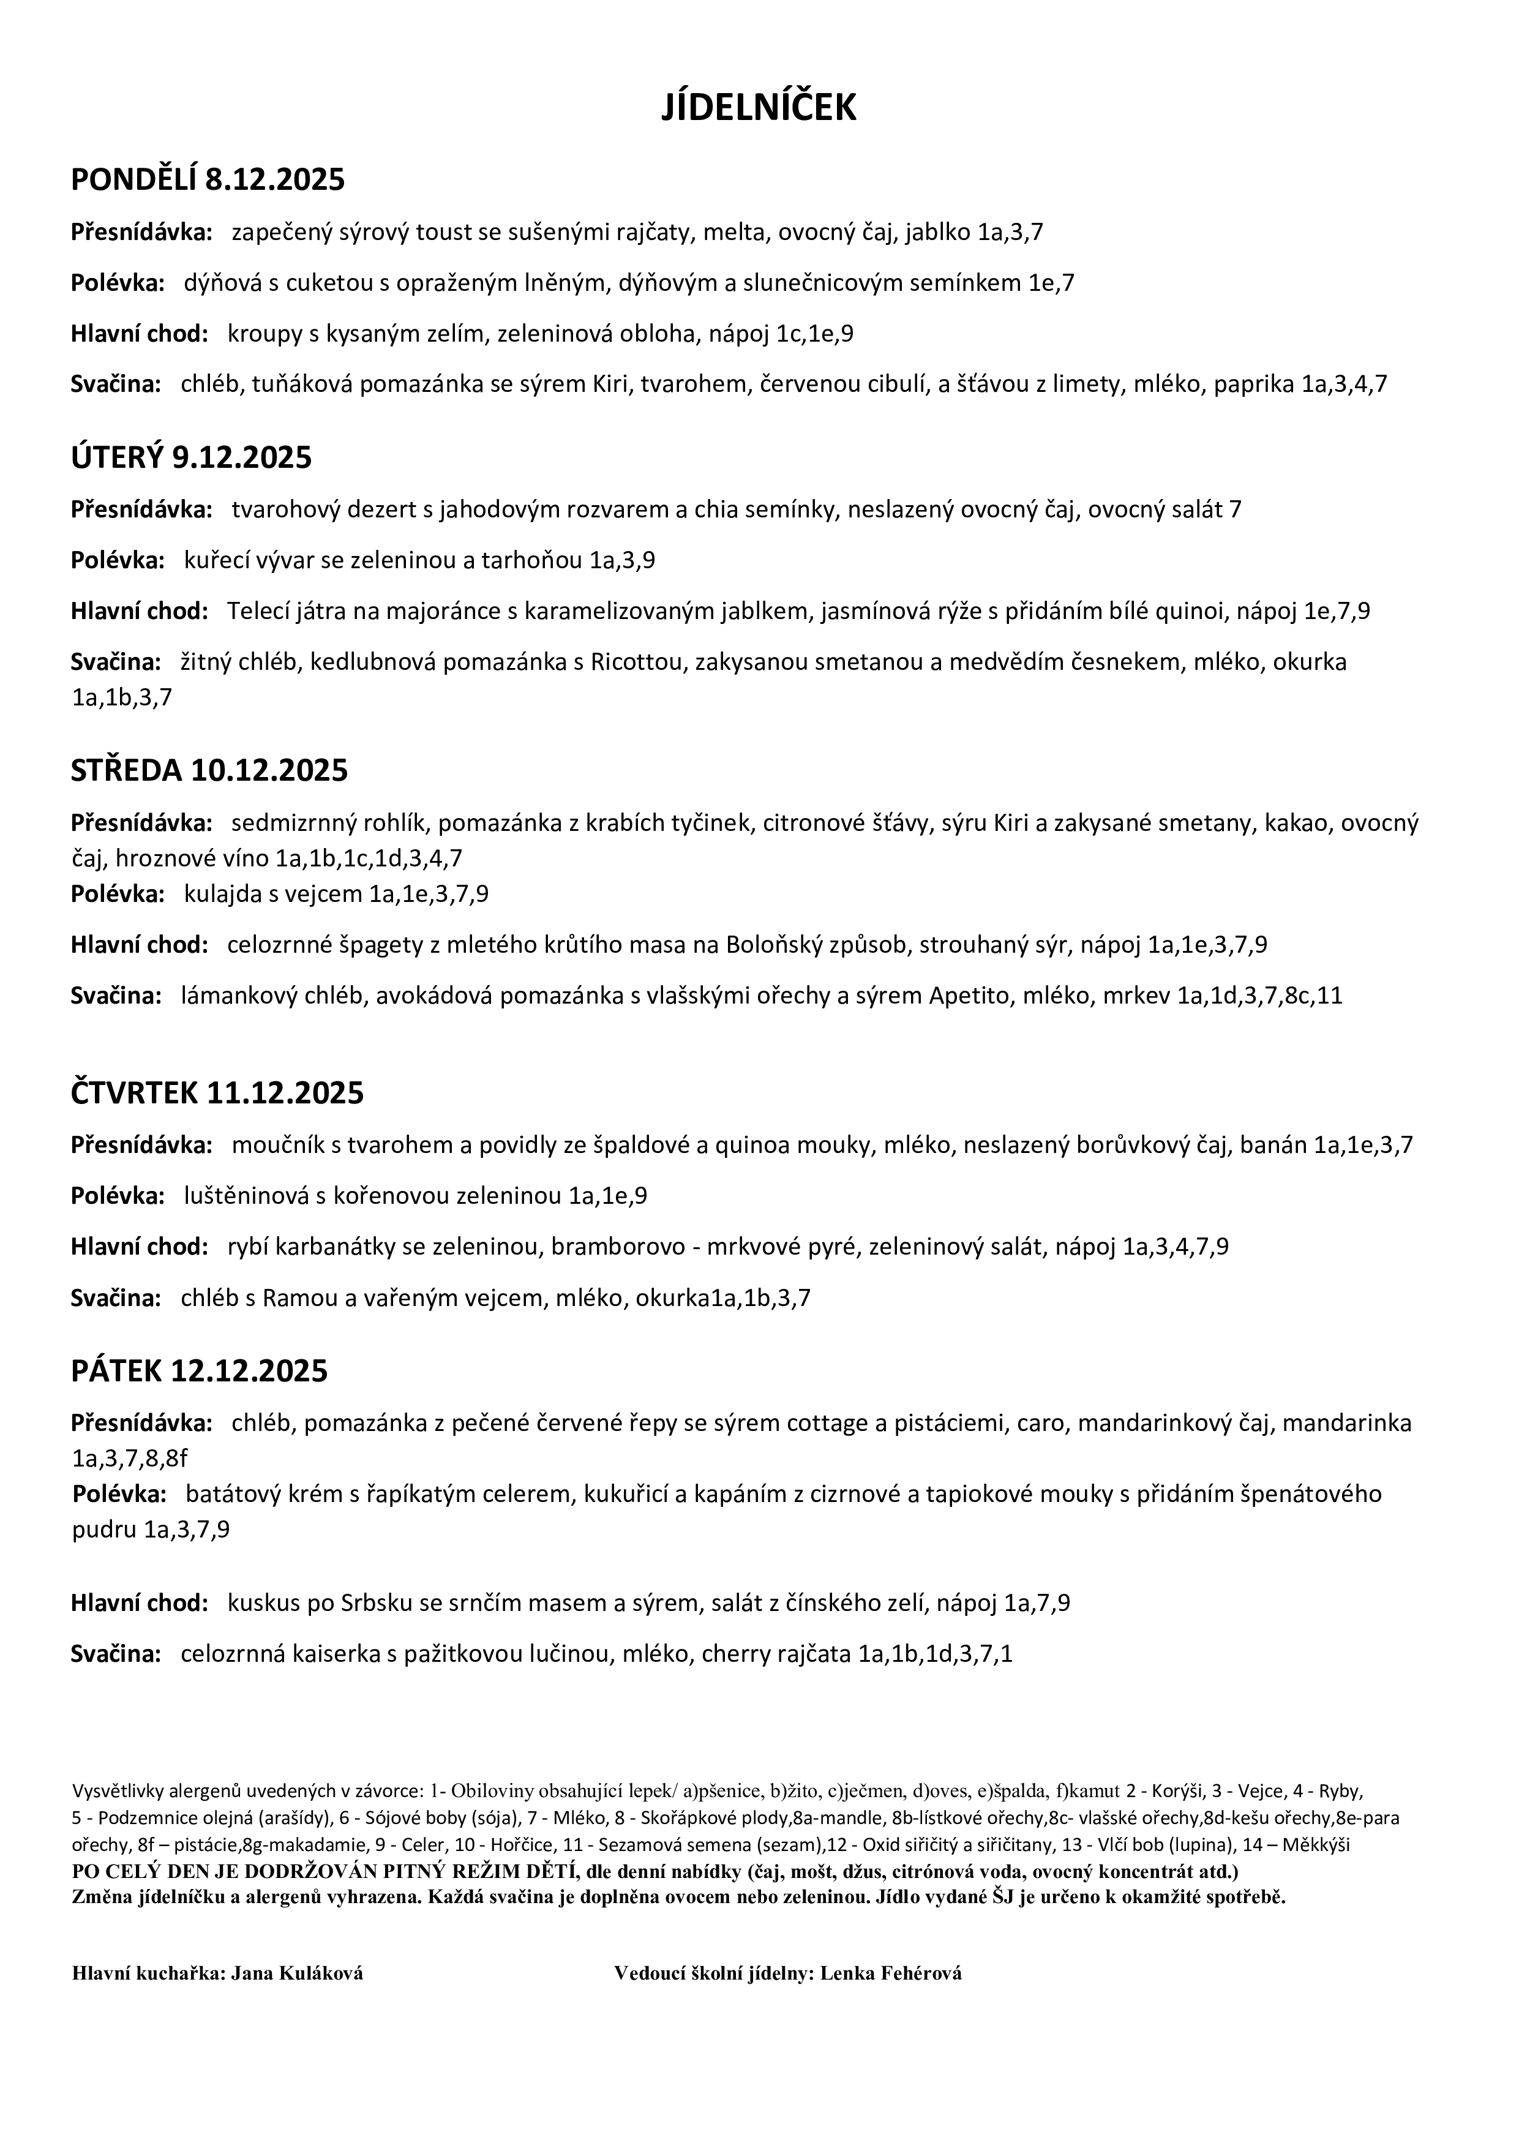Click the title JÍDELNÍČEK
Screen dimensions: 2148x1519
[x=759, y=108]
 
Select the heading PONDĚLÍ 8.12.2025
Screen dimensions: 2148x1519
[x=208, y=179]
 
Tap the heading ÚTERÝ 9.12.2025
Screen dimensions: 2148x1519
[x=191, y=457]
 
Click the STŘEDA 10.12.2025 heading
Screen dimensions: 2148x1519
[x=209, y=770]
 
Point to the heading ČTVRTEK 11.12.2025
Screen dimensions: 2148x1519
[x=217, y=1093]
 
